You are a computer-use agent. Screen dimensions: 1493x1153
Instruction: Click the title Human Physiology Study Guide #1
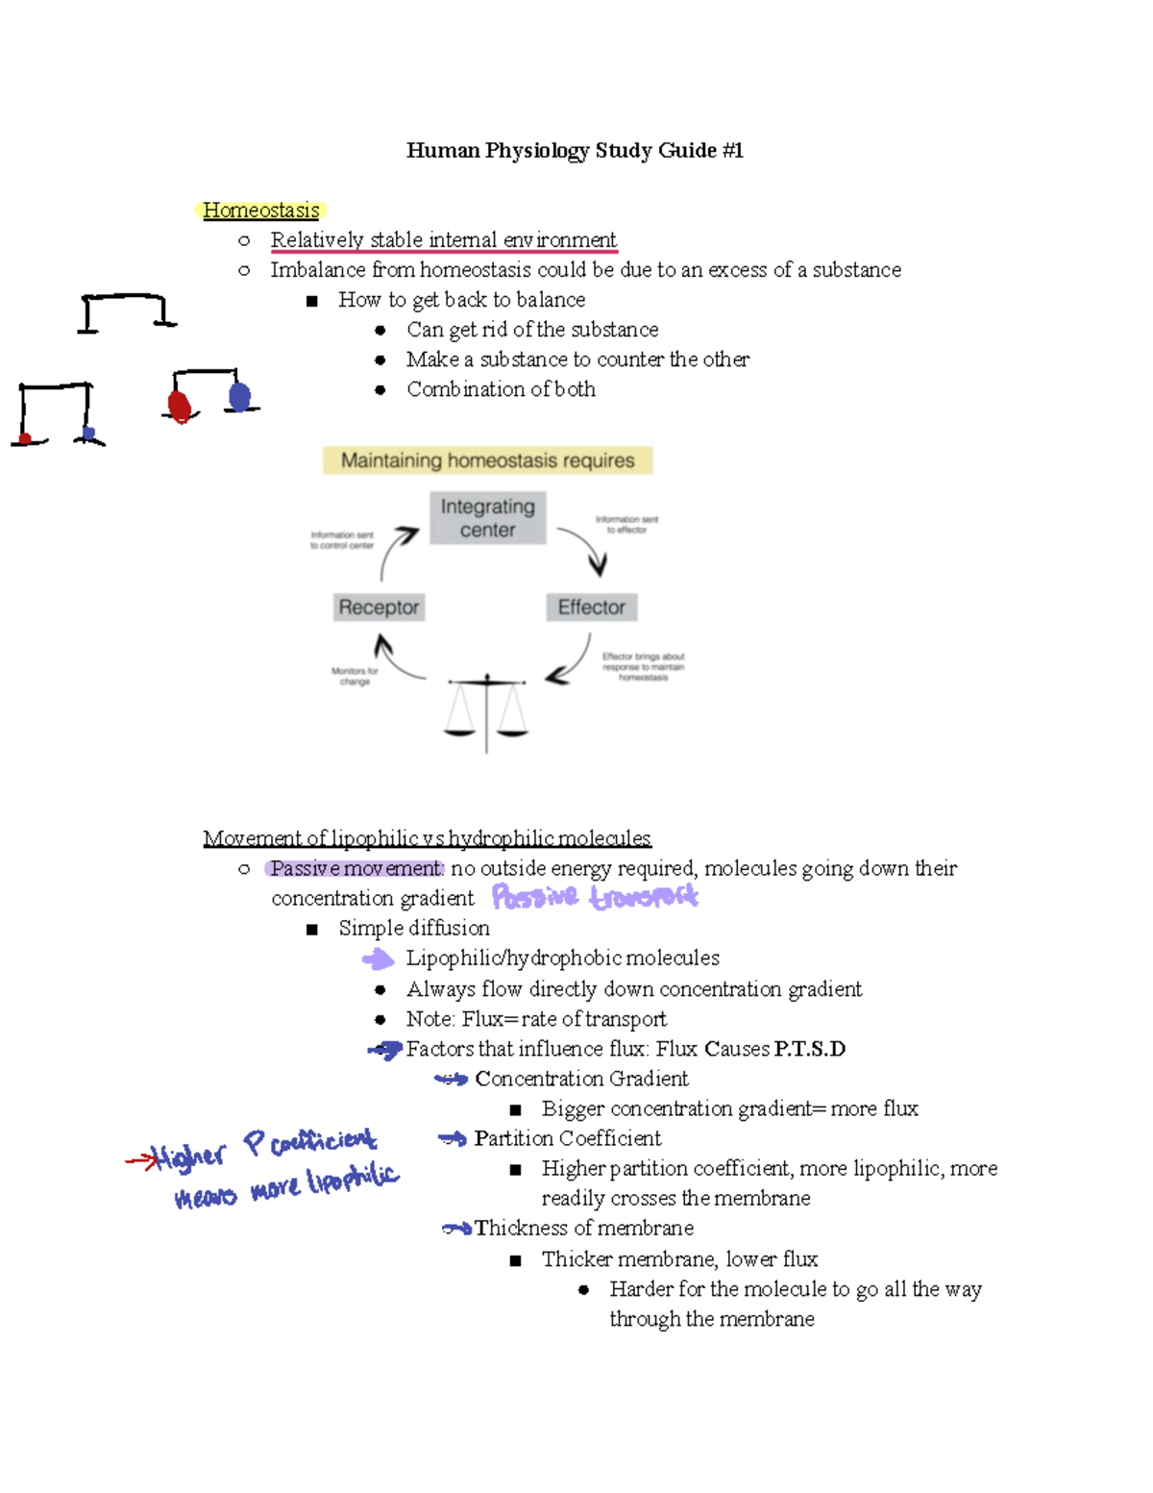(575, 150)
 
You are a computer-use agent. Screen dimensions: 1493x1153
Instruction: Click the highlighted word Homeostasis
(261, 210)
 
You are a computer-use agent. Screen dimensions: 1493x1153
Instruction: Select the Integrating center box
(487, 518)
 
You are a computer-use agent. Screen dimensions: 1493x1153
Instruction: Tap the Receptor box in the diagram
(379, 608)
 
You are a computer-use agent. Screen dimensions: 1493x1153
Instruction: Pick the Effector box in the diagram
(591, 608)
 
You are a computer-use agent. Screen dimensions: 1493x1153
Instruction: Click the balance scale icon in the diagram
(486, 711)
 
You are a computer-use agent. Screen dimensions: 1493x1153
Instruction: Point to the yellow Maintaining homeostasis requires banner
(487, 460)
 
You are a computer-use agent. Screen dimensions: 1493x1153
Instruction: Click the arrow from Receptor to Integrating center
(396, 550)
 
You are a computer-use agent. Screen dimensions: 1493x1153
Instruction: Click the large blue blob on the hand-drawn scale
(239, 395)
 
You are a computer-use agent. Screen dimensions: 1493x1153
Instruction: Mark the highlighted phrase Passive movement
(355, 868)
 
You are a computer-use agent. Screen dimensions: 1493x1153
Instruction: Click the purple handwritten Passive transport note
(594, 897)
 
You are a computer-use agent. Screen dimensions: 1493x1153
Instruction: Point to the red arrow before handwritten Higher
(140, 1161)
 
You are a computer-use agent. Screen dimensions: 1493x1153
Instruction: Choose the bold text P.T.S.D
(809, 1049)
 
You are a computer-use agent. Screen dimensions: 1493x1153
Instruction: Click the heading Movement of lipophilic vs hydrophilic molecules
(427, 838)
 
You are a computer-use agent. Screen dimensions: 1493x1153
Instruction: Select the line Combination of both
(501, 389)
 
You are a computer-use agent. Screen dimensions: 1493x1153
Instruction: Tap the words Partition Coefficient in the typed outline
(567, 1138)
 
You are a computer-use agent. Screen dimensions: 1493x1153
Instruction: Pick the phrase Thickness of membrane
(583, 1228)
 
